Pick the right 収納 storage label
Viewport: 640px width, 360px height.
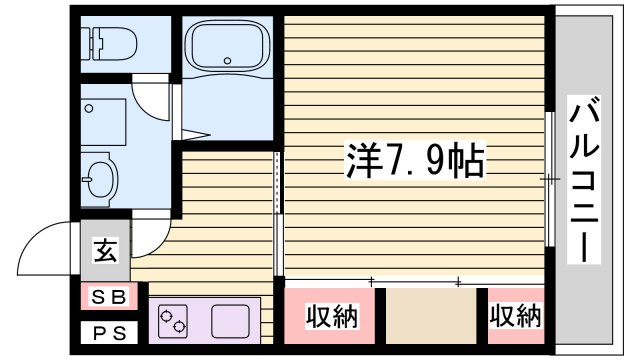coord(514,318)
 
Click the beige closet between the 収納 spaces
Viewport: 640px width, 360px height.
coord(431,318)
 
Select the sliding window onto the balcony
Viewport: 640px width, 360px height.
coord(551,180)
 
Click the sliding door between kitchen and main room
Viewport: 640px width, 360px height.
coord(277,215)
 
